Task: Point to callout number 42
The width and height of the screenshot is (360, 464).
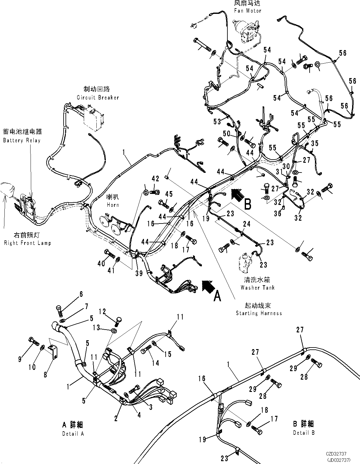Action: (155, 178)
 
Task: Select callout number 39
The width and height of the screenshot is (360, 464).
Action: (139, 273)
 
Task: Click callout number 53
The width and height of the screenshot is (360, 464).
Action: (217, 122)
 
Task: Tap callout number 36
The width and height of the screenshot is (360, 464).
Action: (277, 213)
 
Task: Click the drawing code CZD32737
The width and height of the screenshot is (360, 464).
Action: (336, 454)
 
